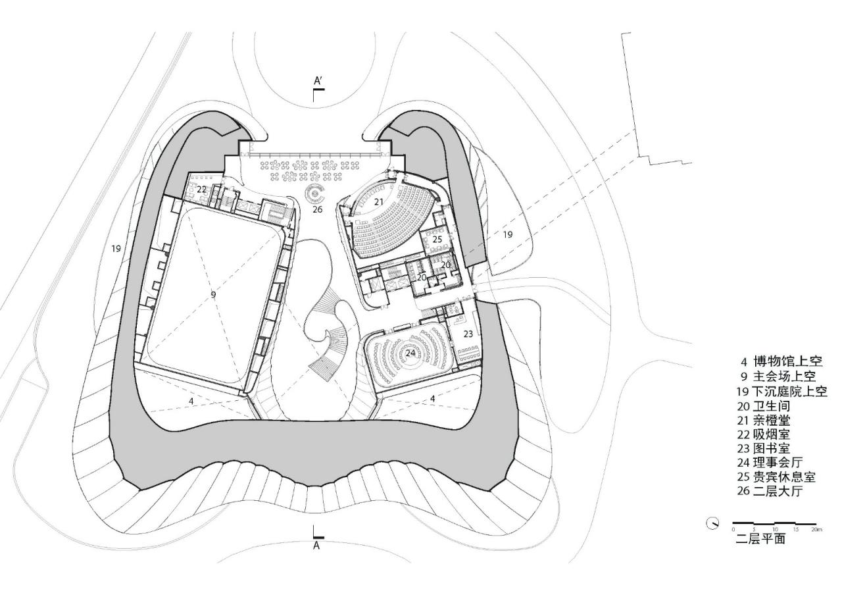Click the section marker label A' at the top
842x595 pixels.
tap(318, 81)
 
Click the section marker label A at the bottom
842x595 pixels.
tap(316, 546)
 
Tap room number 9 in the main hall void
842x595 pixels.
tap(213, 295)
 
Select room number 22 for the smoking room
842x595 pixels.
tap(202, 190)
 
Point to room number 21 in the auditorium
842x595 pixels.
tap(378, 201)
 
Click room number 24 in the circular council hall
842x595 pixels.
tap(410, 353)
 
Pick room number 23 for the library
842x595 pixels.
tap(468, 334)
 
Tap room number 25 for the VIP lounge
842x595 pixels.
tap(437, 240)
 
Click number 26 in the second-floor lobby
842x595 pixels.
tap(318, 209)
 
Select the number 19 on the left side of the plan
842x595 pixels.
tap(116, 249)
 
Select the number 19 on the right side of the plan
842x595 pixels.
tap(507, 234)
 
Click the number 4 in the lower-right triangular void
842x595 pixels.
tap(433, 398)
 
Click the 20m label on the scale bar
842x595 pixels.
tap(816, 529)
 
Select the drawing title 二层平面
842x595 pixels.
tap(760, 540)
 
